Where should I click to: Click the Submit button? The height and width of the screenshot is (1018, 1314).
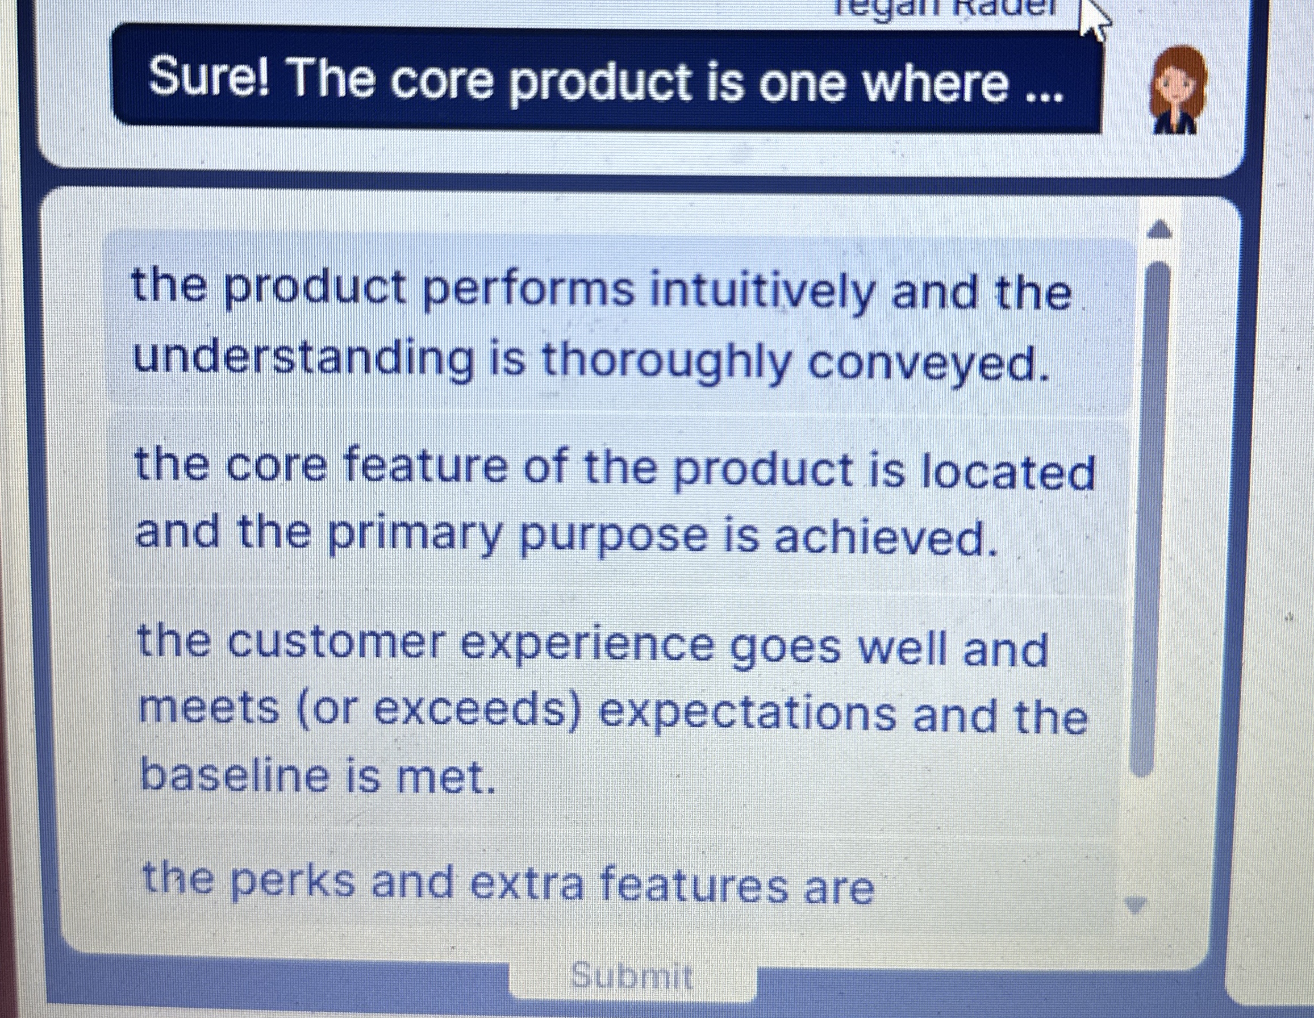(x=632, y=976)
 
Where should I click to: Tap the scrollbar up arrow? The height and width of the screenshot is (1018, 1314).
(x=1161, y=230)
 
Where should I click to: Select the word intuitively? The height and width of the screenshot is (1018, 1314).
(x=761, y=293)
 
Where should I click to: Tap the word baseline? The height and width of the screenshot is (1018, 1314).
(x=236, y=777)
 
